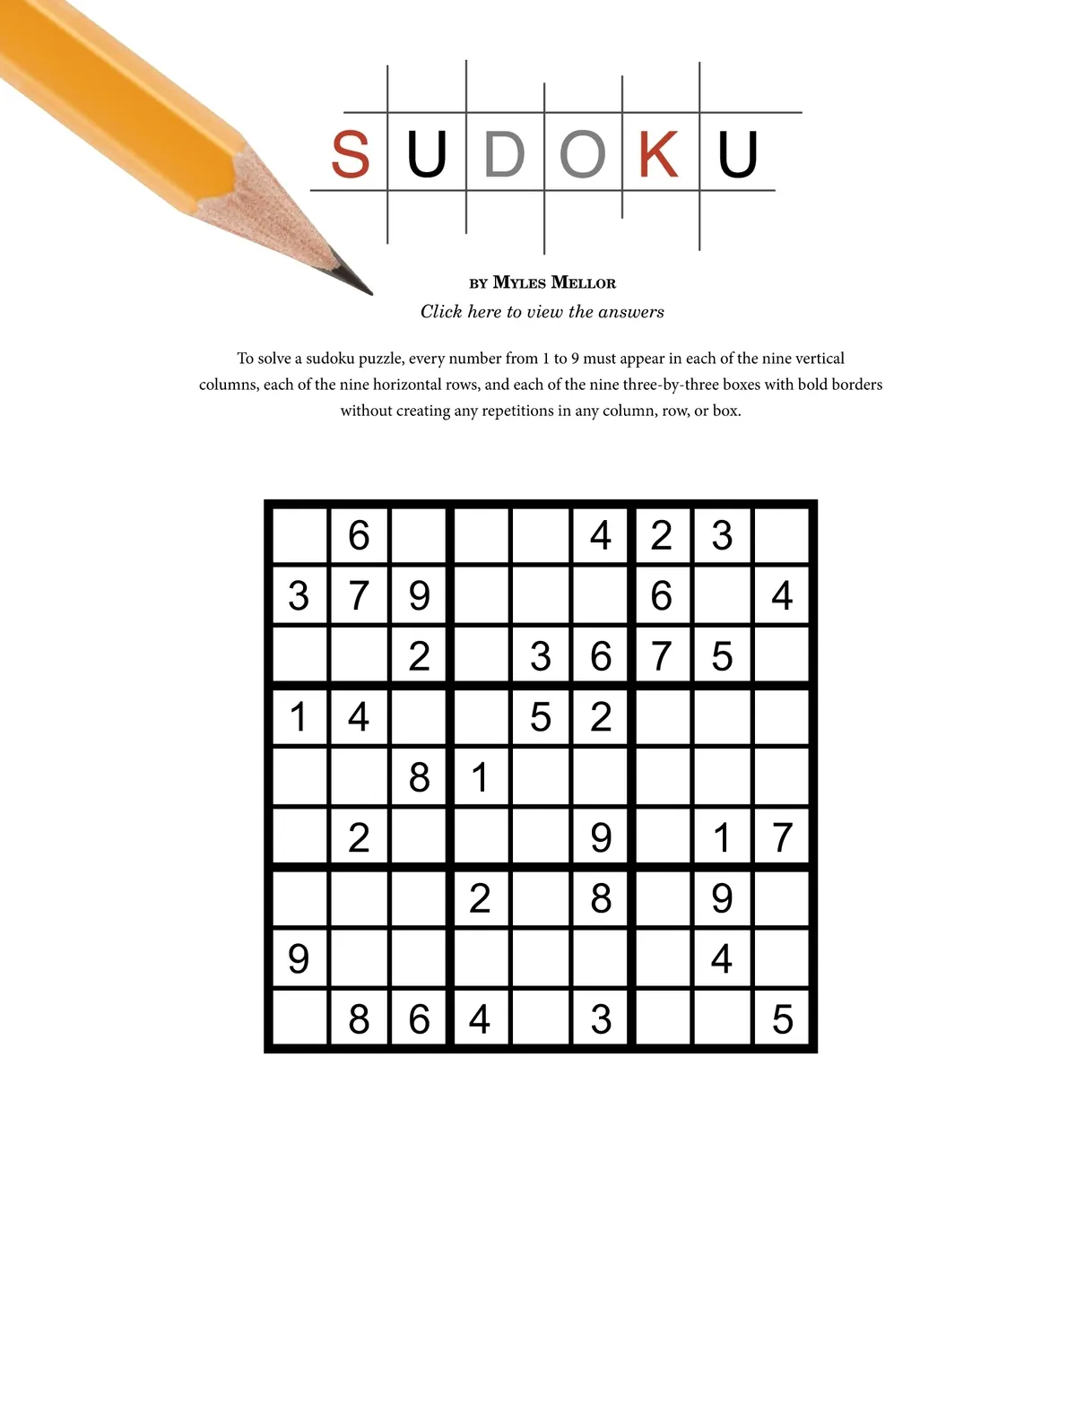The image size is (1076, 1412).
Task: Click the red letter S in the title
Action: [350, 154]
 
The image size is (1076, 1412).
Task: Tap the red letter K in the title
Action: [658, 154]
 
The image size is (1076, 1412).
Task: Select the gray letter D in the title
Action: [504, 154]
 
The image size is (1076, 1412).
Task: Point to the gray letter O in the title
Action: [582, 154]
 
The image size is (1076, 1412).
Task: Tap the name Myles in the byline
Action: [519, 282]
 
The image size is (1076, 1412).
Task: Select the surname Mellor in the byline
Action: [584, 282]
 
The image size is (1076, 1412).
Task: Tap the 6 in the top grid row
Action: [359, 535]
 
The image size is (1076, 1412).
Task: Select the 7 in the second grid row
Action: [359, 595]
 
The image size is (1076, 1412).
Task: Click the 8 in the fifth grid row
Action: [419, 777]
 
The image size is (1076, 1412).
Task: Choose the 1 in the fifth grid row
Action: [481, 777]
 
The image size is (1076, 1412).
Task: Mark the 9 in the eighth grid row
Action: [299, 959]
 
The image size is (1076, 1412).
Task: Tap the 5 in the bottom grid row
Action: [782, 1019]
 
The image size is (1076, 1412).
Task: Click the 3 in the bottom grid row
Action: [601, 1019]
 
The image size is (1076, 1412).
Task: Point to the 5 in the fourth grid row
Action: [540, 717]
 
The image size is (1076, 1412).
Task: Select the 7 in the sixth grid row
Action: [782, 837]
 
